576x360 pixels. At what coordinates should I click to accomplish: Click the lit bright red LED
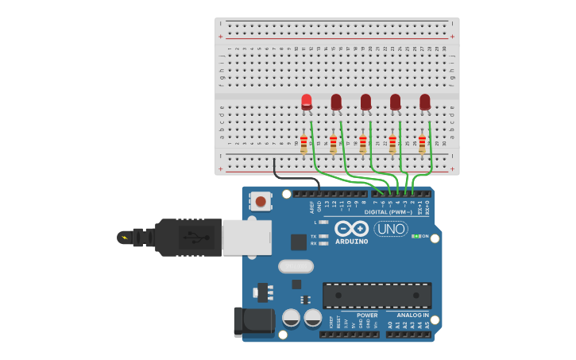click(x=307, y=101)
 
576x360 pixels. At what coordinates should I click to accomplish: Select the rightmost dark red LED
click(x=425, y=102)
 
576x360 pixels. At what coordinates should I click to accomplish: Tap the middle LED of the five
click(x=365, y=102)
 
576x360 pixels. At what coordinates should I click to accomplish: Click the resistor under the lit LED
click(x=303, y=144)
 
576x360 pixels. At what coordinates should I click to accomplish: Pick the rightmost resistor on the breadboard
click(x=422, y=144)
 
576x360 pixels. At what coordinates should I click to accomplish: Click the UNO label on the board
click(x=391, y=229)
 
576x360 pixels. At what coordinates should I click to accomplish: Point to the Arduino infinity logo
click(x=351, y=228)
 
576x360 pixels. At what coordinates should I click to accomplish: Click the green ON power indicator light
click(x=416, y=236)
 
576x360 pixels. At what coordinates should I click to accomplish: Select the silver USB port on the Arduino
click(x=246, y=237)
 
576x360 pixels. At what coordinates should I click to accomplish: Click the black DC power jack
click(x=253, y=321)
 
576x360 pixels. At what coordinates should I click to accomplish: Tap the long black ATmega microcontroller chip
click(x=377, y=295)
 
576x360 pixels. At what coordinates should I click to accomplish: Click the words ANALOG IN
click(x=413, y=315)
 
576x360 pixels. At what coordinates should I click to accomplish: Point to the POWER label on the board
click(x=367, y=315)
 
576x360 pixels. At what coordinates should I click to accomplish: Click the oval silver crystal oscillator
click(x=296, y=266)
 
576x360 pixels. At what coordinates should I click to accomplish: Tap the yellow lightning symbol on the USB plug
click(x=123, y=237)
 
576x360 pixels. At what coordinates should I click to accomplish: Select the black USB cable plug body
click(x=187, y=237)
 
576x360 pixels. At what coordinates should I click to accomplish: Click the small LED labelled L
click(x=323, y=223)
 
